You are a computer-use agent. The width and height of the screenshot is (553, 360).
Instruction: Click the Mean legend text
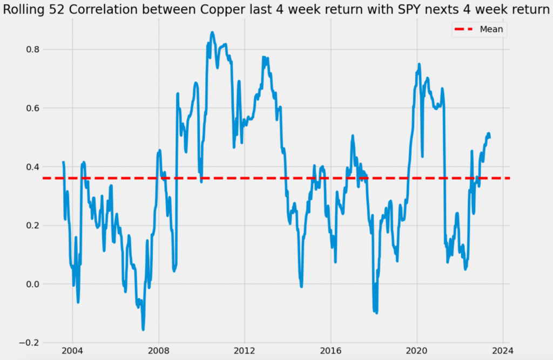coord(491,30)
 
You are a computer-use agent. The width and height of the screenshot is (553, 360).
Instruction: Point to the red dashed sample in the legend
coord(464,30)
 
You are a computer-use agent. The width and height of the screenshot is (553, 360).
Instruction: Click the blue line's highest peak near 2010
coord(212,32)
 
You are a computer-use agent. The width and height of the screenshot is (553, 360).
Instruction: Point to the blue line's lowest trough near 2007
coord(143,329)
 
